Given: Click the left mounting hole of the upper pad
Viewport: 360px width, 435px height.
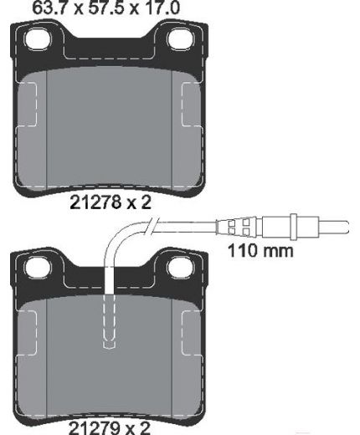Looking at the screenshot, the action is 39,39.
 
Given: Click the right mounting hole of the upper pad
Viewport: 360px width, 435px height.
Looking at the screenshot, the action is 182,39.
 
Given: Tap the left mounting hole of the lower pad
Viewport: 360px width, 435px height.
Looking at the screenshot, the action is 38,268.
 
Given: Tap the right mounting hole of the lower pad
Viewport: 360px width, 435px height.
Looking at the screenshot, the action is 182,268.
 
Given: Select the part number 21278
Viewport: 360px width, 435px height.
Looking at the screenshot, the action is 96,202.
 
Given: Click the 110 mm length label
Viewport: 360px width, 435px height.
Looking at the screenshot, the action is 260,251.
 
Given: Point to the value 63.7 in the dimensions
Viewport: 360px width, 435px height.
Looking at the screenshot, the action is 50,8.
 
